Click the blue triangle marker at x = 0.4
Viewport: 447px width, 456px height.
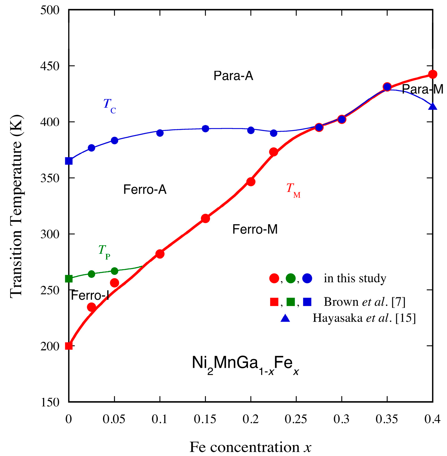click(x=433, y=107)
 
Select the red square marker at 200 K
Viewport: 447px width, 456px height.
click(x=69, y=346)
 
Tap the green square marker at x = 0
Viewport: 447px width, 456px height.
click(x=69, y=279)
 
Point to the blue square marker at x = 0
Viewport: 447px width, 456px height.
click(x=69, y=161)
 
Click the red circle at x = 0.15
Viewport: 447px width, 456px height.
click(x=205, y=218)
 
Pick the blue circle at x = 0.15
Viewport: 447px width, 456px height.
click(x=205, y=128)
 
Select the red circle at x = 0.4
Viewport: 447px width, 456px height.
click(x=433, y=74)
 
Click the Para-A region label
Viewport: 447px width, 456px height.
click(x=233, y=76)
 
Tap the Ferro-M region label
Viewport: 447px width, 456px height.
click(x=255, y=229)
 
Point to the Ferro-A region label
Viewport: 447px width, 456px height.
click(x=145, y=189)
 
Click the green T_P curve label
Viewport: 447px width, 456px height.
click(x=104, y=251)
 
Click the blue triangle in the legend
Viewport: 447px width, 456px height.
click(x=285, y=318)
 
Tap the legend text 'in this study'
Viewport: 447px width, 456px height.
click(x=355, y=278)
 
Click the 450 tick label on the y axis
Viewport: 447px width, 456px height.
click(x=50, y=66)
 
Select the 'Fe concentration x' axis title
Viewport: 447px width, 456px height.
click(x=250, y=447)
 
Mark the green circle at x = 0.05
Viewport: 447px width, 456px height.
click(x=114, y=271)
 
